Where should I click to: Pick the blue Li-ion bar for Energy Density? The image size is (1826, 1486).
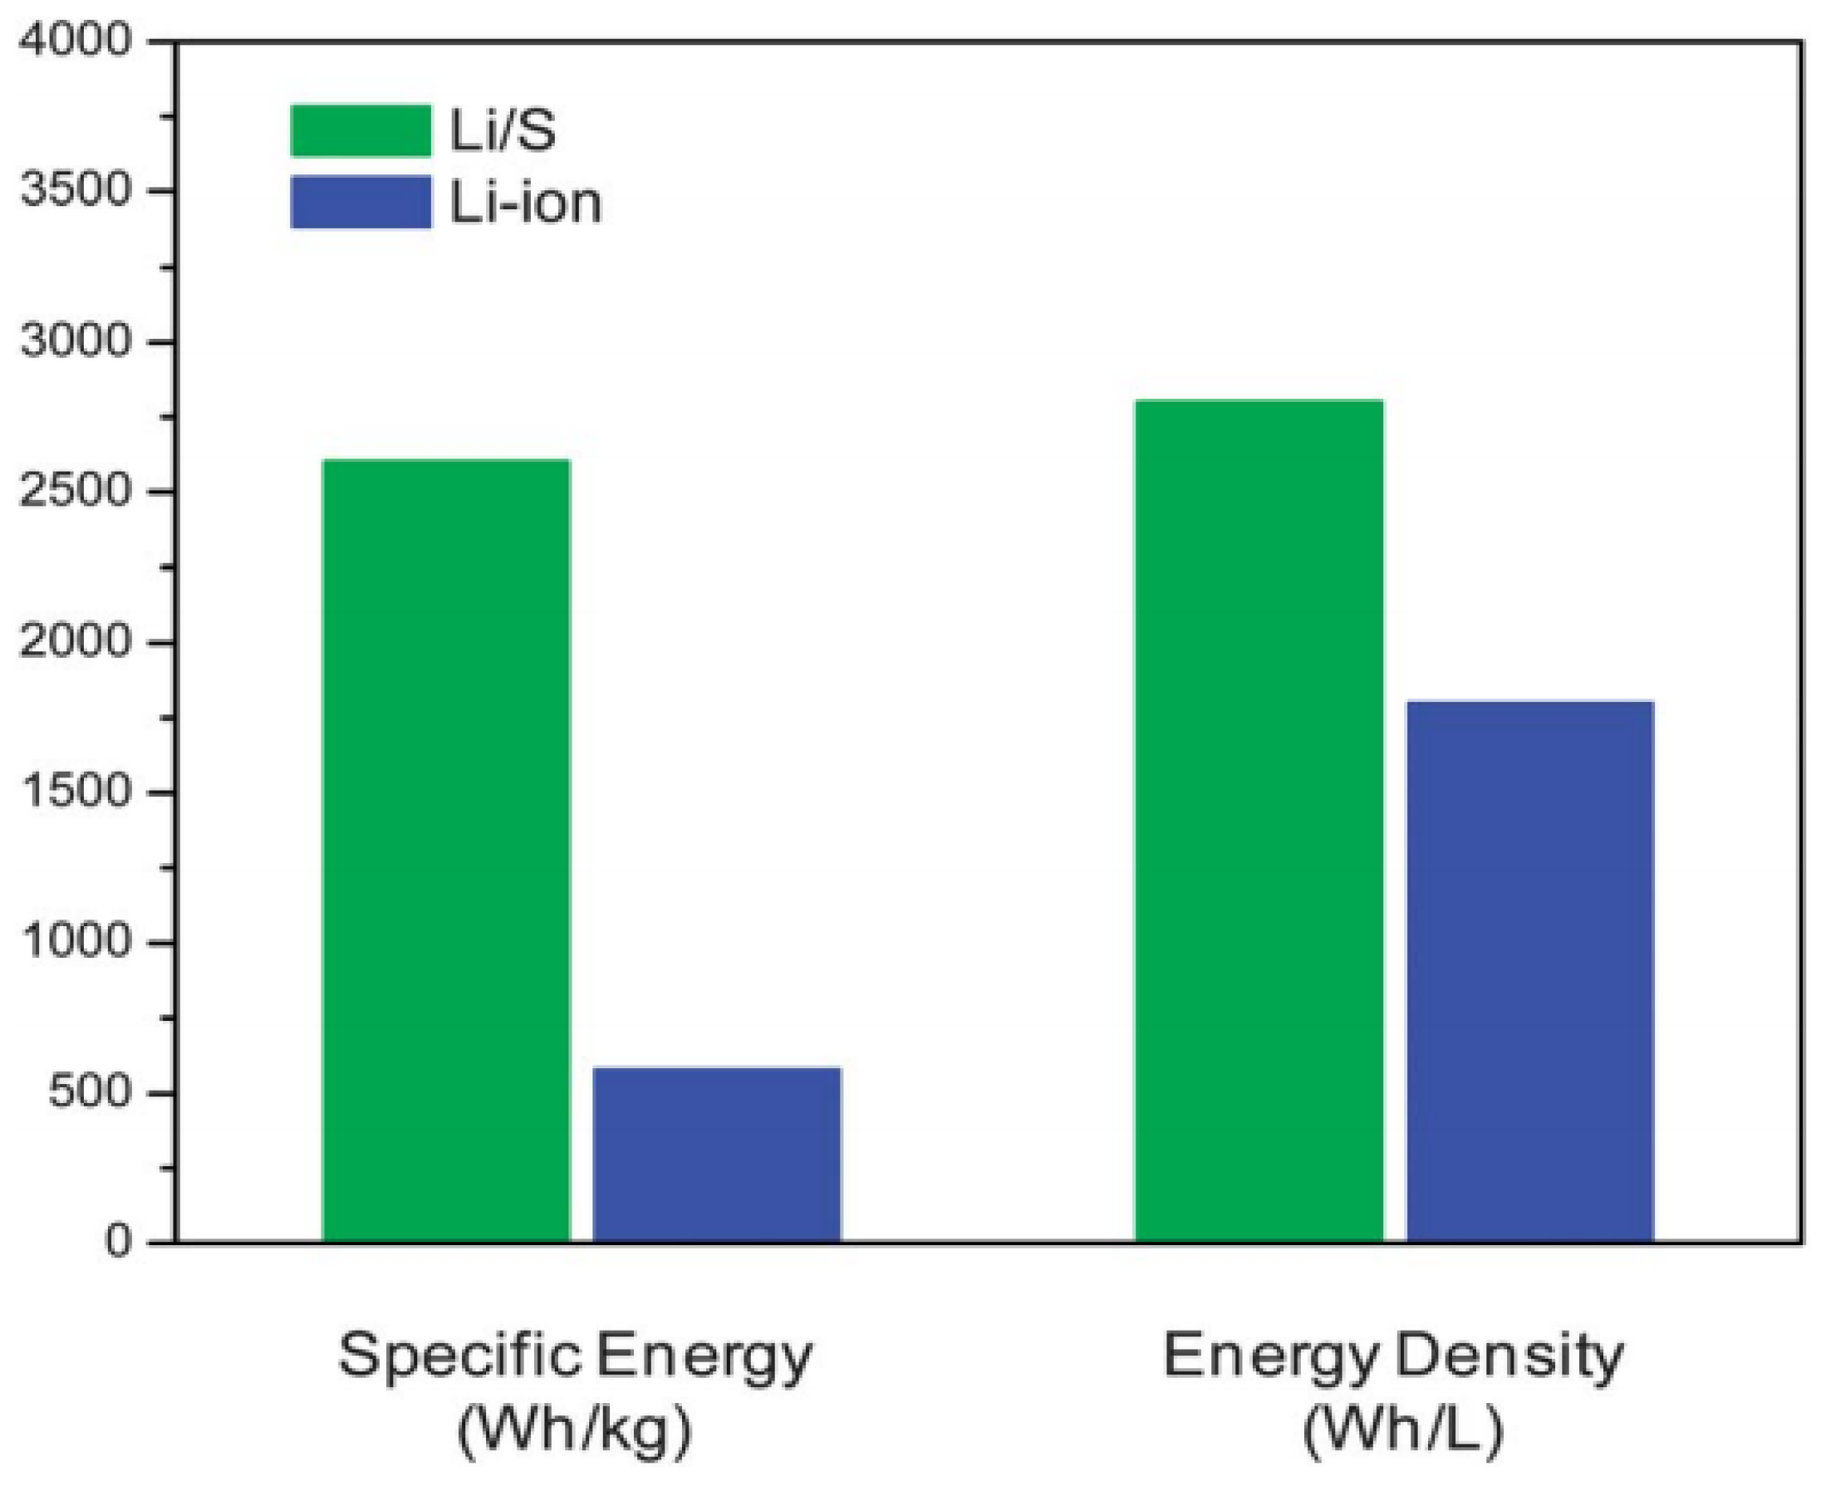pyautogui.click(x=1529, y=971)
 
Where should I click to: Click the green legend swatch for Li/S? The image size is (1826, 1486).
pyautogui.click(x=361, y=131)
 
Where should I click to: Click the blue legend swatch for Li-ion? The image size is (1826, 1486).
pyautogui.click(x=361, y=202)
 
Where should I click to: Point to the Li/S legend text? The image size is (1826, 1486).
pyautogui.click(x=503, y=132)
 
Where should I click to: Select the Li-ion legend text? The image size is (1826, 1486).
pyautogui.click(x=526, y=204)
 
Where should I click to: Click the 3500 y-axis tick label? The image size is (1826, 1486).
pyautogui.click(x=76, y=190)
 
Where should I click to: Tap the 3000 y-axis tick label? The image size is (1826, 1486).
pyautogui.click(x=76, y=341)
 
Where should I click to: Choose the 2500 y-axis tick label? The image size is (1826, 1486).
pyautogui.click(x=76, y=492)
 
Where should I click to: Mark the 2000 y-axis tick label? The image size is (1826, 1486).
pyautogui.click(x=76, y=642)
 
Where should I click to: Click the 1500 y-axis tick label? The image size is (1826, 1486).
pyautogui.click(x=76, y=792)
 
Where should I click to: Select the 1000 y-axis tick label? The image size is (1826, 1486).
pyautogui.click(x=76, y=943)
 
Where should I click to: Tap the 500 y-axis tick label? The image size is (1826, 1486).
pyautogui.click(x=89, y=1093)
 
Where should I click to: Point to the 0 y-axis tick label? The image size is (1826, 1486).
pyautogui.click(x=117, y=1242)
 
